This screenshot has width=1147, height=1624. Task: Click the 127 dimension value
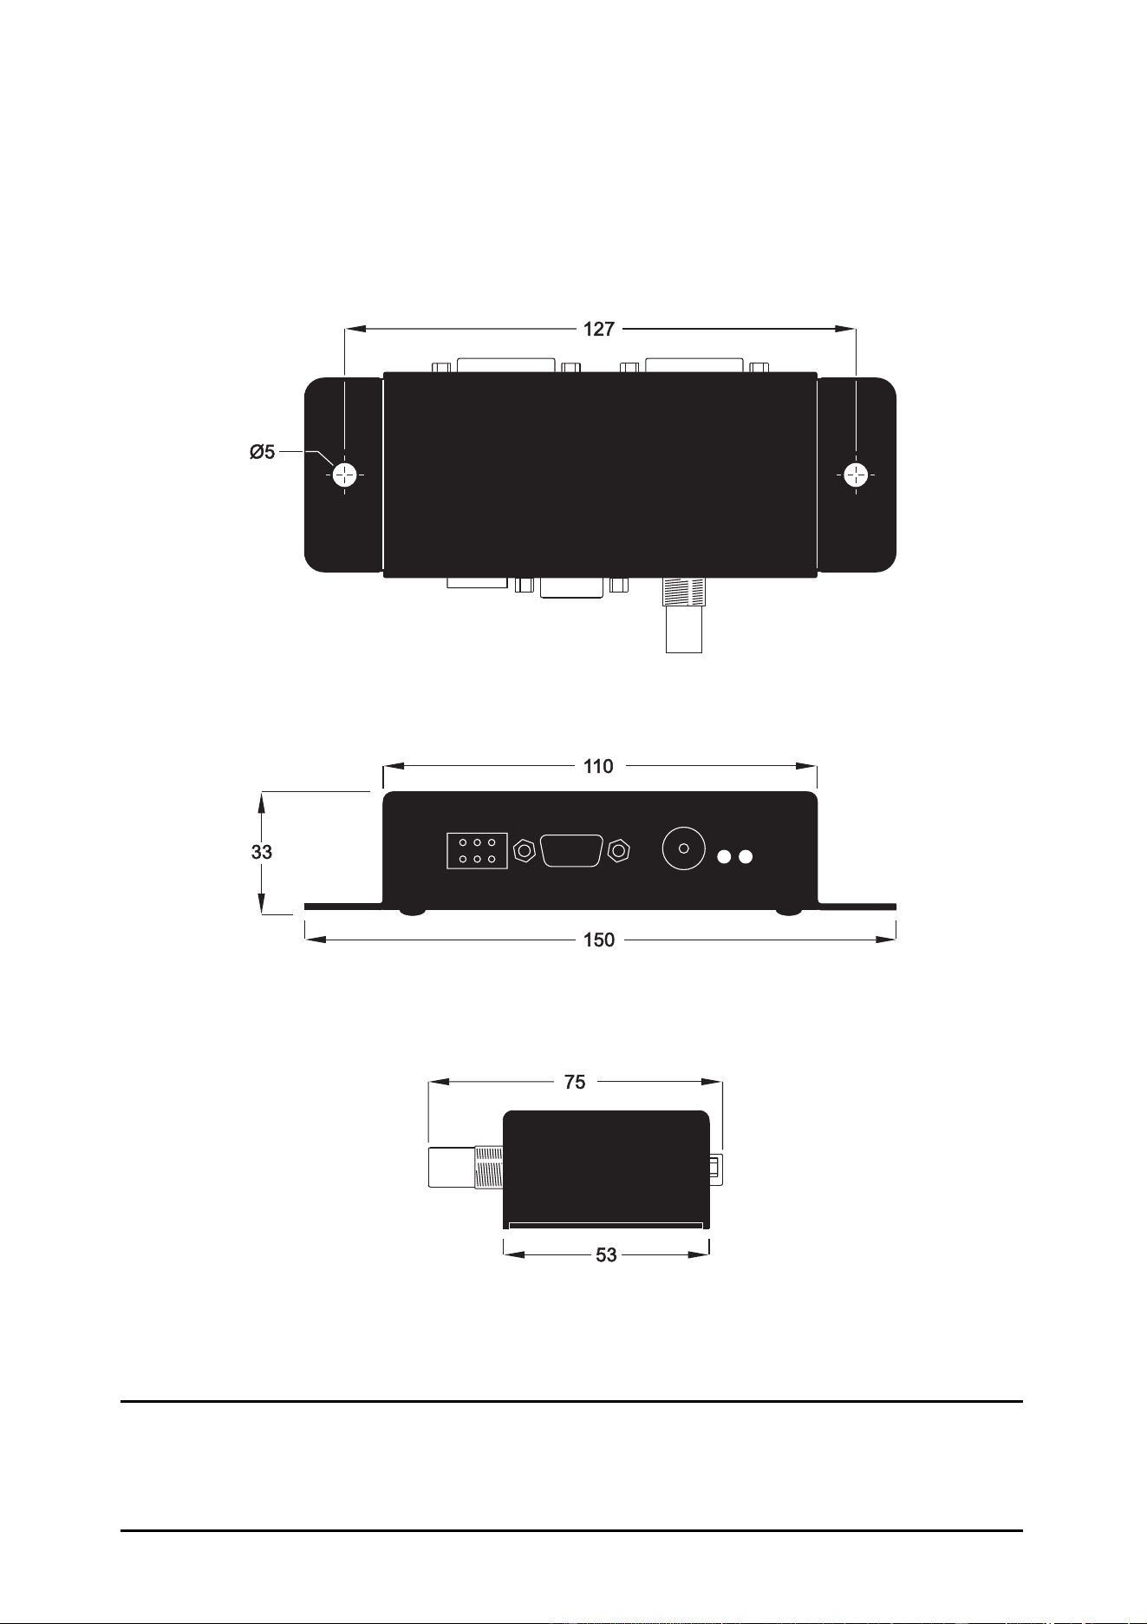point(599,329)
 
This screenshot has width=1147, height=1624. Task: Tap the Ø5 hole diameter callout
point(262,452)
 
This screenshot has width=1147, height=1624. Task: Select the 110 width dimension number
point(599,766)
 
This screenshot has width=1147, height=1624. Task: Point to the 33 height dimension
point(262,852)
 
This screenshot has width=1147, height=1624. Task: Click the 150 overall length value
point(599,940)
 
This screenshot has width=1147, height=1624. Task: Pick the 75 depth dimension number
point(575,1082)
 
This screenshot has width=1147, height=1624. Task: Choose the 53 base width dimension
point(606,1254)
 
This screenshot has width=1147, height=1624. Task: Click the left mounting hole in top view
point(345,475)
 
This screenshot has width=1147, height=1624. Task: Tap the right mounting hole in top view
point(856,475)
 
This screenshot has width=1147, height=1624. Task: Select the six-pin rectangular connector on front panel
point(477,851)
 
